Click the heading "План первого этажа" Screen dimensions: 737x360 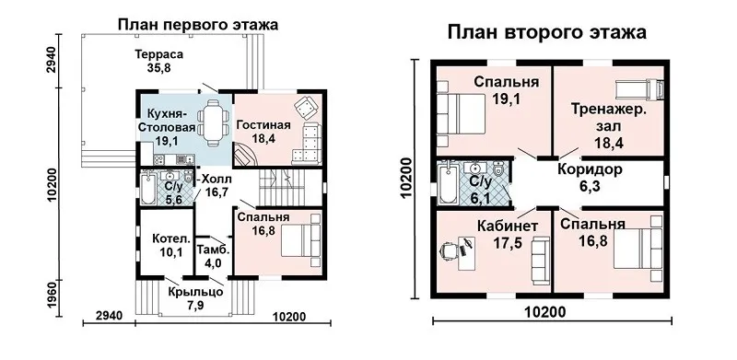[198, 25]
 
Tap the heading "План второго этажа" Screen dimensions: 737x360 [546, 33]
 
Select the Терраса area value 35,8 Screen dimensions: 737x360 [158, 68]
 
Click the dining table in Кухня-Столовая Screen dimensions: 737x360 [214, 122]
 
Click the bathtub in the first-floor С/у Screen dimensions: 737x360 [147, 189]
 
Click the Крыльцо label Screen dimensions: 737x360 [195, 292]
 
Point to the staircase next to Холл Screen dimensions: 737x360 [282, 187]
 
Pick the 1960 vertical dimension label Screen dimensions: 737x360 [53, 297]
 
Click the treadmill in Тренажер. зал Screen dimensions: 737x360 [639, 88]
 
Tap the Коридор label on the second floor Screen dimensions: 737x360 [590, 169]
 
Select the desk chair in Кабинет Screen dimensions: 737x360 [448, 250]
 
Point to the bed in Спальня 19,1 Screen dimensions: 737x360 [461, 114]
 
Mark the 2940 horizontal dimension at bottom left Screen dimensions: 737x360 [109, 316]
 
